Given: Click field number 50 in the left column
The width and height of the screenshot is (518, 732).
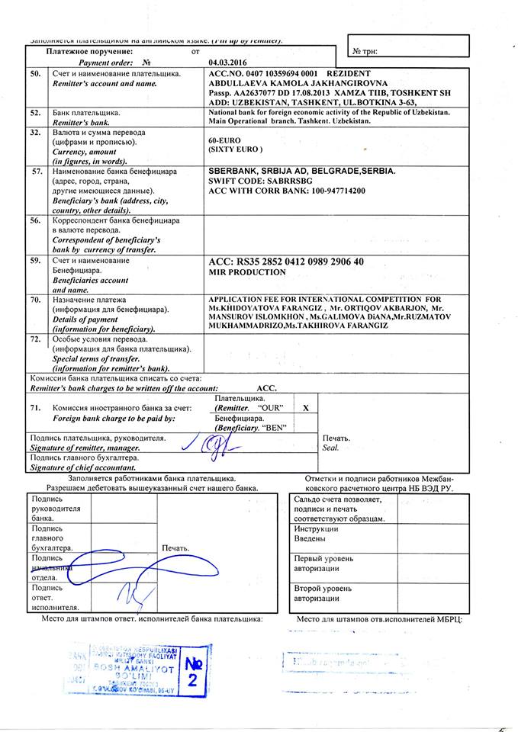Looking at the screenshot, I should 36,73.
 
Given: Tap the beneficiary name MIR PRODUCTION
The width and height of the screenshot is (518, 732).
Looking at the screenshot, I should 247,272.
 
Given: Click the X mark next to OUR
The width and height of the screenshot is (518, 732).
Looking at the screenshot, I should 305,408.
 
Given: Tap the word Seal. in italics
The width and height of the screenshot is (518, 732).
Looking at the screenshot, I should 330,448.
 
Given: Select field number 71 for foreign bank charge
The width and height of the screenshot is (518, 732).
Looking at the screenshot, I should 36,409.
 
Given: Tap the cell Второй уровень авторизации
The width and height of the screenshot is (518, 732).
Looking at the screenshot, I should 323,593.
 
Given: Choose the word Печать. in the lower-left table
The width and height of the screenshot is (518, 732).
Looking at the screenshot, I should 175,547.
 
